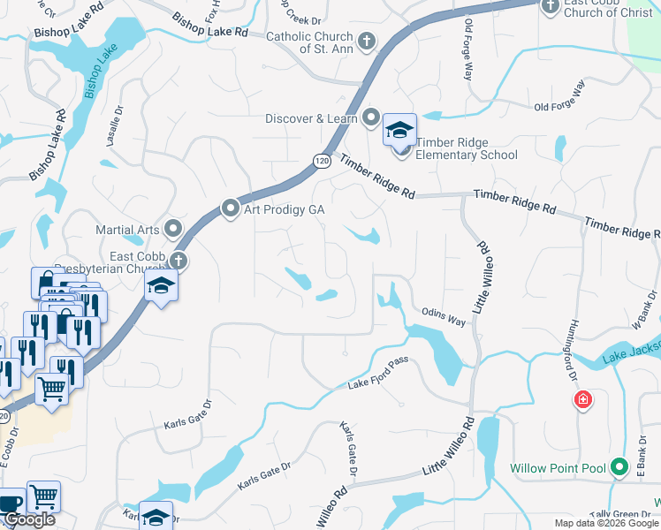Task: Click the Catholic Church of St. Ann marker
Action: pos(366,41)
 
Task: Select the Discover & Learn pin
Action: pos(370,118)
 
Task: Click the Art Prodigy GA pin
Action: pos(231,208)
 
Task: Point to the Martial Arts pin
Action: pos(172,229)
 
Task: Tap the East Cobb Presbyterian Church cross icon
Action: pos(178,260)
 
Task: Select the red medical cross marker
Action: pos(582,401)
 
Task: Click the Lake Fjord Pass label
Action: pos(381,381)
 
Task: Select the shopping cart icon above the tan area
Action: pos(52,389)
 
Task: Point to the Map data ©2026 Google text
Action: pos(607,523)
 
